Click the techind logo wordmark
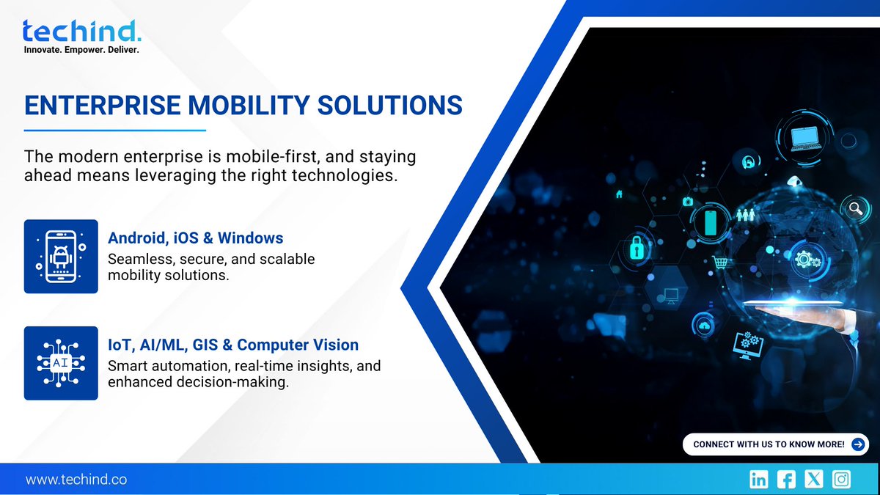tap(81, 32)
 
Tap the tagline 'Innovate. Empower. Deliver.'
tap(81, 50)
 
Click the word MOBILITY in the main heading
tap(243, 105)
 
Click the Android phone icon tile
tap(61, 256)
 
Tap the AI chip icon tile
tap(61, 363)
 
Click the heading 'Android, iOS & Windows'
tap(195, 238)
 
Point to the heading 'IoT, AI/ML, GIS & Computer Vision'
tap(233, 345)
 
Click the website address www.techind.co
tap(76, 480)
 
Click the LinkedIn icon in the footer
tap(759, 480)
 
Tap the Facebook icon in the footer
tap(786, 480)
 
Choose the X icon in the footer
tap(814, 480)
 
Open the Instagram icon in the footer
tap(842, 480)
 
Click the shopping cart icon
tap(722, 262)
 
